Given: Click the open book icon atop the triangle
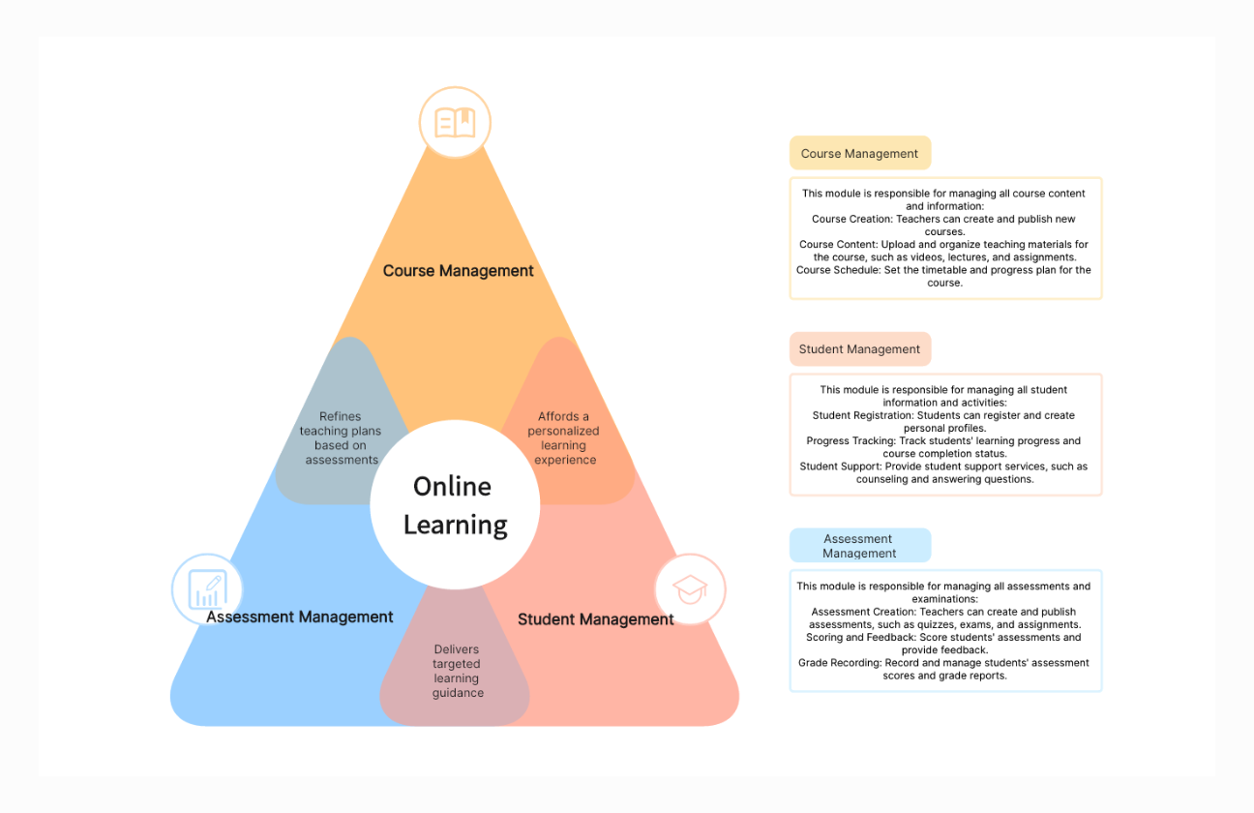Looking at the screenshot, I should click(455, 123).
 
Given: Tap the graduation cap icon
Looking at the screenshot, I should click(690, 588).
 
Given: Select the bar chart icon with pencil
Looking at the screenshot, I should click(207, 588).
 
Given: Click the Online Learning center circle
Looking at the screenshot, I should click(455, 505).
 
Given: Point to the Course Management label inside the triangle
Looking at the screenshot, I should click(458, 271).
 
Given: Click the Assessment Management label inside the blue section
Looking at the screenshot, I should click(300, 617).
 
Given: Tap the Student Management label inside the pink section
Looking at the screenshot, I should click(595, 619).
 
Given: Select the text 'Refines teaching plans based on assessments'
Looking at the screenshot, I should click(341, 438).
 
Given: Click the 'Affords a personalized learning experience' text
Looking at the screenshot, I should click(563, 438).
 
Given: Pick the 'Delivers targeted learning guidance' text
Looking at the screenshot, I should click(457, 671).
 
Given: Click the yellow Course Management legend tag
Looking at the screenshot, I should click(859, 154).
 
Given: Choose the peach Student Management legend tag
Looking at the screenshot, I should click(859, 349).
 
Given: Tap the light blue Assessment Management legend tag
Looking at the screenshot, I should click(859, 546).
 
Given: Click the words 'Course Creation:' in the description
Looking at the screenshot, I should click(851, 220).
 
